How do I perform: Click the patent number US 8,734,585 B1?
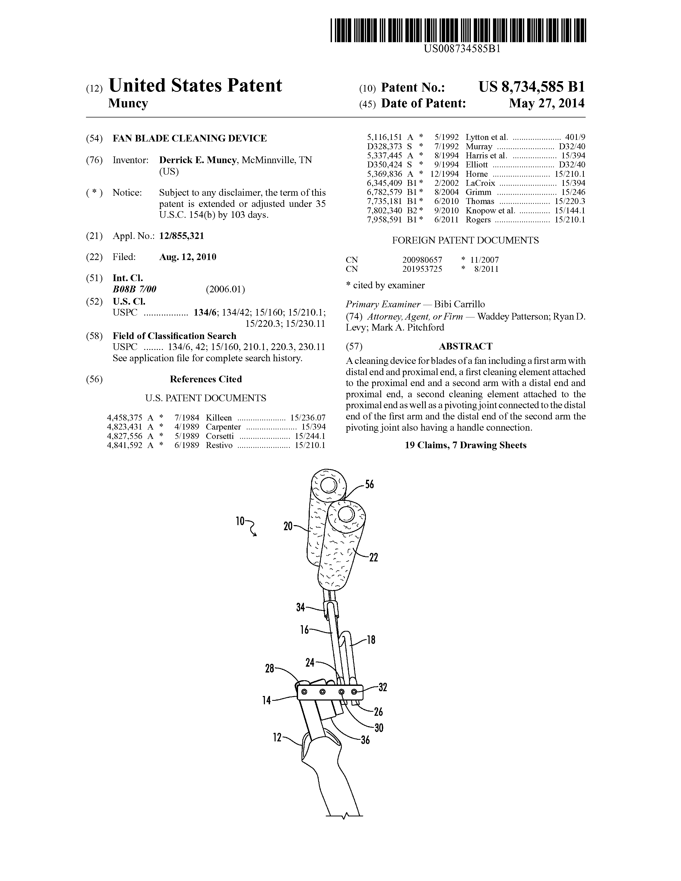click(x=531, y=87)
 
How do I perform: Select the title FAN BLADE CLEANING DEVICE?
click(x=190, y=138)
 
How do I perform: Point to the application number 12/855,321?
click(x=182, y=236)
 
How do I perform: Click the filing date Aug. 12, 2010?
click(x=187, y=257)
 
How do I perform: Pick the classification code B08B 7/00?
click(x=134, y=289)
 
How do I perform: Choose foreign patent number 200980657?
click(x=422, y=260)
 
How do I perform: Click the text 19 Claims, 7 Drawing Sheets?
click(x=465, y=445)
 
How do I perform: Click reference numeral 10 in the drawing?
click(x=240, y=521)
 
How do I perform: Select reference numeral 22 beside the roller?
click(x=374, y=558)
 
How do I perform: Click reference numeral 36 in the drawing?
click(x=365, y=740)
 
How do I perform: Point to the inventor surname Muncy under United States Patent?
click(x=128, y=104)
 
